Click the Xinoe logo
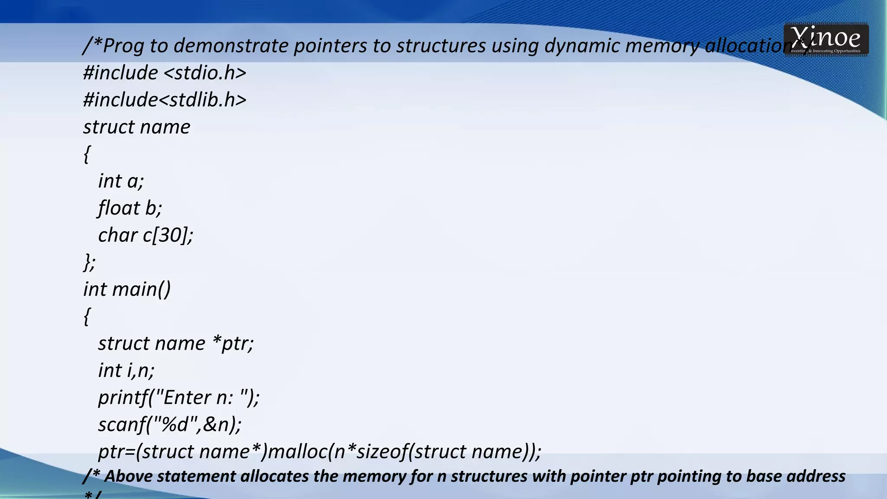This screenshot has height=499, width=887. point(825,39)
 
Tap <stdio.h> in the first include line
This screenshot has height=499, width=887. point(205,72)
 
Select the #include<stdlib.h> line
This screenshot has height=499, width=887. point(165,100)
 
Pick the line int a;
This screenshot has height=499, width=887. point(121,181)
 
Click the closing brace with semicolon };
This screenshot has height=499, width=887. point(89,262)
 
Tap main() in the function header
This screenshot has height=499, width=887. point(142,289)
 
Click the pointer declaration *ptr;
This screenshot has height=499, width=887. point(233,343)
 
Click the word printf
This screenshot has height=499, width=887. point(123,398)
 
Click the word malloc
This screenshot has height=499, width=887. point(298,452)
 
